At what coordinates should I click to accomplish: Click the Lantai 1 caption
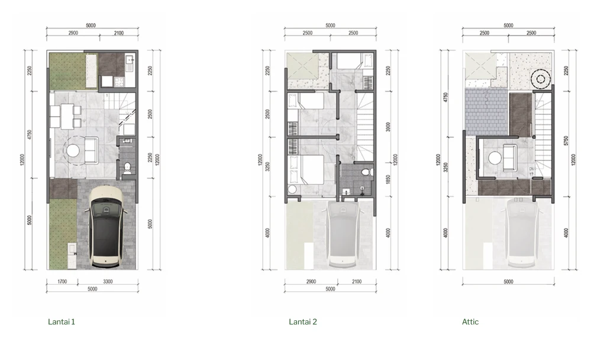(62, 322)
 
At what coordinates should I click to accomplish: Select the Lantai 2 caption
(303, 322)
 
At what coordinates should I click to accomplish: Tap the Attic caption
(470, 322)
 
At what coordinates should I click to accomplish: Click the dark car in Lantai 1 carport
(106, 228)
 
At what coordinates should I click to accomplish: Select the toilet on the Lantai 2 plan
(367, 172)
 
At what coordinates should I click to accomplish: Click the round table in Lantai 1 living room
(73, 150)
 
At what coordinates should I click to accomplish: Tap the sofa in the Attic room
(511, 155)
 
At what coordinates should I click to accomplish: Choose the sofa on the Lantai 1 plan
(91, 150)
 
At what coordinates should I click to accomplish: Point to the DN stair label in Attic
(532, 169)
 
